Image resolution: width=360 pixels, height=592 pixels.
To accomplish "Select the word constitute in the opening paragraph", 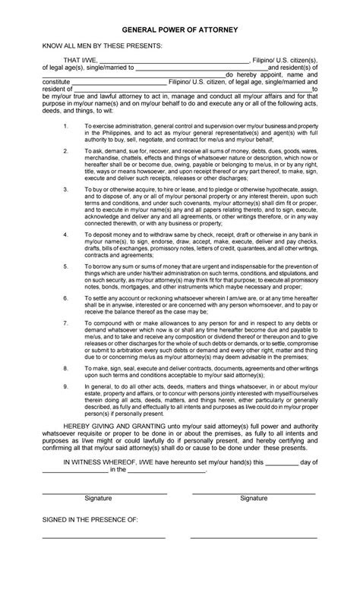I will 56,81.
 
